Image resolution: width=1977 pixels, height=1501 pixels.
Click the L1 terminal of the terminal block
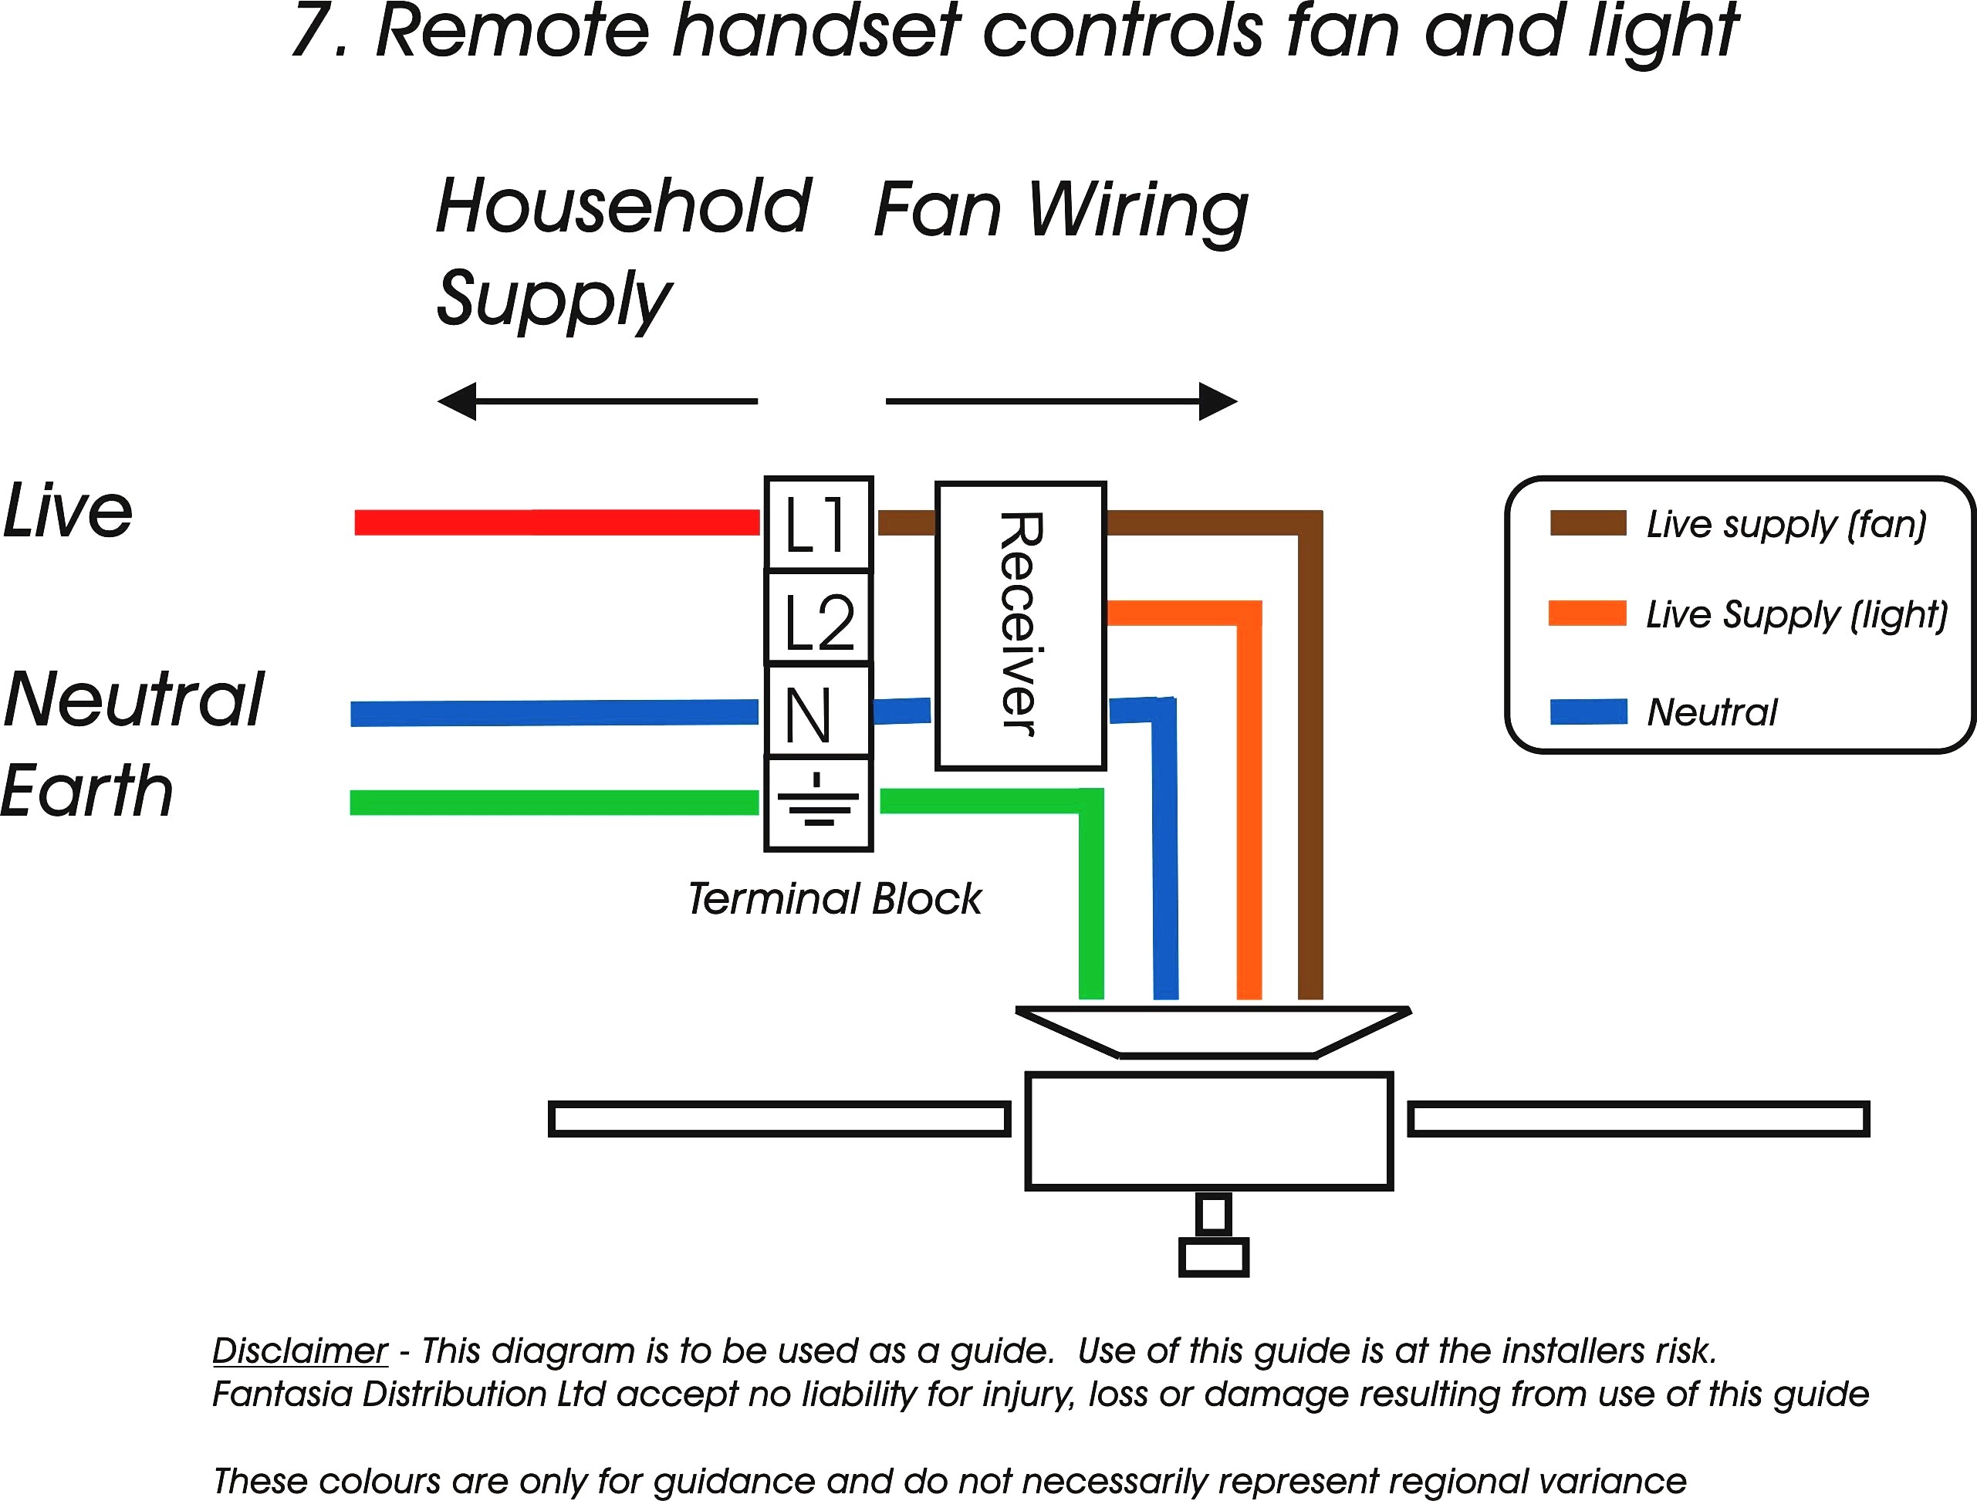818,523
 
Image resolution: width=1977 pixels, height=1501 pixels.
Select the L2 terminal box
818,617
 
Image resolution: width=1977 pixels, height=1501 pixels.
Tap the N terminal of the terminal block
818,712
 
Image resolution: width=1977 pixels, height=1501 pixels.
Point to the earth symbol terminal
818,803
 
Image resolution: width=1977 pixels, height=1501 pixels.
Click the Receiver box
1021,626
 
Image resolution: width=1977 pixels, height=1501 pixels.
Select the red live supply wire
557,522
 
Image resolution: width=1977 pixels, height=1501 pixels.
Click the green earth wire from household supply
554,802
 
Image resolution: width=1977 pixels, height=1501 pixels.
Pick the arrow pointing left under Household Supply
597,401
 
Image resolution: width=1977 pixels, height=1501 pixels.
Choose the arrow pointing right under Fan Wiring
1062,401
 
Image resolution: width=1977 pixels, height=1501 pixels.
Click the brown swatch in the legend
1587,523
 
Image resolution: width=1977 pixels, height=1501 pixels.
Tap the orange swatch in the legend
1587,614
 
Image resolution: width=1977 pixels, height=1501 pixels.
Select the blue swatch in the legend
1588,712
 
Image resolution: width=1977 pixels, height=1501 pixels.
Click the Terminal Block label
835,899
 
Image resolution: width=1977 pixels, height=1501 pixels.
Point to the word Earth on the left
86,791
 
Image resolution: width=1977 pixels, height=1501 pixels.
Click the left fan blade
779,1119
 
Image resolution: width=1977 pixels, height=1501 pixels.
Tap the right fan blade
1639,1119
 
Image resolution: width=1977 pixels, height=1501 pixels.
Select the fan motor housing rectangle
1209,1131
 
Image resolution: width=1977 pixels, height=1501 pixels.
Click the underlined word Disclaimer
300,1351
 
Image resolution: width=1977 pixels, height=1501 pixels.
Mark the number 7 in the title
313,32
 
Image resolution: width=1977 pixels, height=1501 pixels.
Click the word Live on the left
68,512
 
